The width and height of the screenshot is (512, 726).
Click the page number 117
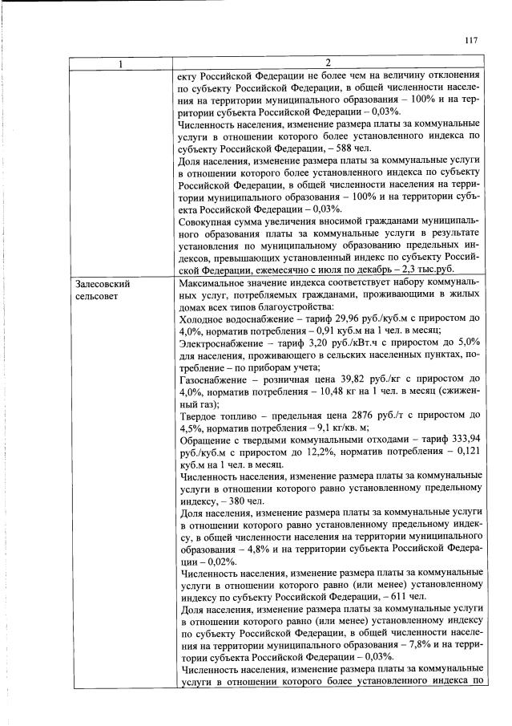pos(470,41)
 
